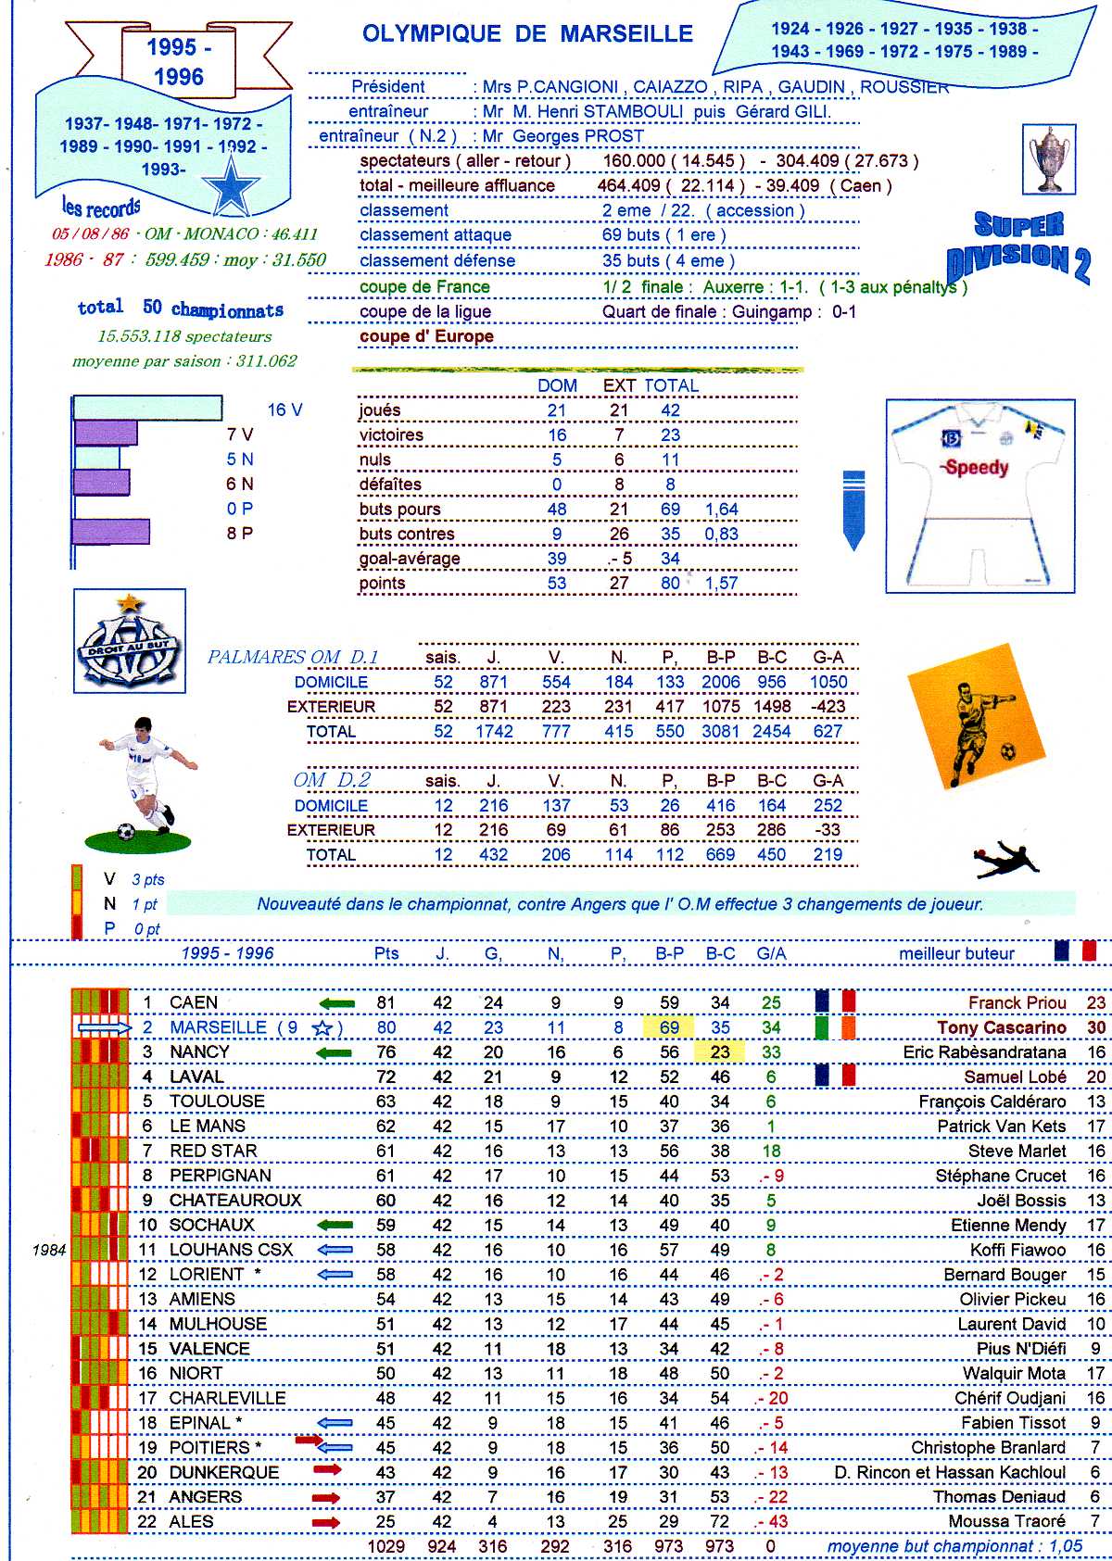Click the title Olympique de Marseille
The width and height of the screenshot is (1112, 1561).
[527, 34]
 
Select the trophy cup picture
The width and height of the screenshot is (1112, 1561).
[1050, 159]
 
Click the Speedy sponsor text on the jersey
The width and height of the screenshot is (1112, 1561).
[976, 468]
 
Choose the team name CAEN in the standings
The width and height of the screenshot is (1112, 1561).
[193, 1002]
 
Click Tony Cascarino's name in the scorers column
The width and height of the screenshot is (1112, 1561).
[1002, 1027]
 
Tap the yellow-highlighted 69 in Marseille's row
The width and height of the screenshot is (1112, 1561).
[669, 1027]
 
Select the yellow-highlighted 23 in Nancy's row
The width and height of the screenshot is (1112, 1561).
[719, 1052]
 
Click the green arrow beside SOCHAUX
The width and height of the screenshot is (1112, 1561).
[335, 1225]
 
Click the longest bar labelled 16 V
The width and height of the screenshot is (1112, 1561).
[147, 409]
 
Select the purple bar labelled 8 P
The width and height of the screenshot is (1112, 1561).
[111, 532]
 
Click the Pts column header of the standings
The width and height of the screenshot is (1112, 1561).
[386, 953]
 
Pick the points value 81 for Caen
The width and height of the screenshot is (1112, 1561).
[385, 1002]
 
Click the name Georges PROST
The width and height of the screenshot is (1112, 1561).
[577, 136]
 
